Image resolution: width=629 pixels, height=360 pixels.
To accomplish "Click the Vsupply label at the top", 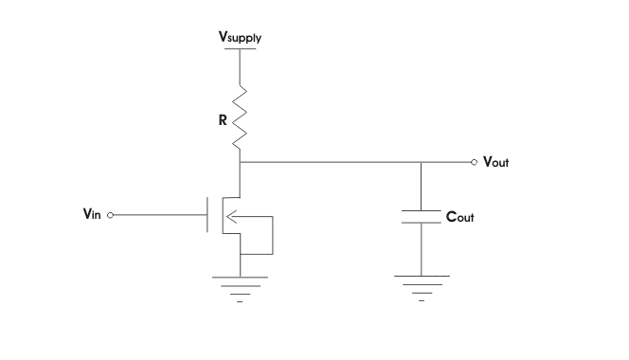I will click(241, 38).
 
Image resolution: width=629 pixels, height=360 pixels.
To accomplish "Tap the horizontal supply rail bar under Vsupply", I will click(241, 48).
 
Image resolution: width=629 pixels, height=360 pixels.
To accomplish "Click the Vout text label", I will click(496, 162).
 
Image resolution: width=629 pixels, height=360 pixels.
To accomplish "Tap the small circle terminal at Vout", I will click(475, 162).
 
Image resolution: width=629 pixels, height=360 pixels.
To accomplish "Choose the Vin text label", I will click(92, 215).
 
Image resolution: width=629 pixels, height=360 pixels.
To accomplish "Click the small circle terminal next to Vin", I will click(111, 215).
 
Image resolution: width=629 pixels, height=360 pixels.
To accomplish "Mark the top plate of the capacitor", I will click(422, 208).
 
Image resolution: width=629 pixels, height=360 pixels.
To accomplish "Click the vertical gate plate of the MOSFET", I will click(208, 215).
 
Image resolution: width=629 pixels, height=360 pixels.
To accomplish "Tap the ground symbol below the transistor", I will click(241, 287).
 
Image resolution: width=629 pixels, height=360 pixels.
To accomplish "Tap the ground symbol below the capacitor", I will click(422, 287).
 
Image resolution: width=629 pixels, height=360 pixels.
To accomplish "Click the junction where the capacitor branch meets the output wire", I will click(422, 162).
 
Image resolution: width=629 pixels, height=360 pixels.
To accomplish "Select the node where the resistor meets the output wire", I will click(241, 162).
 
